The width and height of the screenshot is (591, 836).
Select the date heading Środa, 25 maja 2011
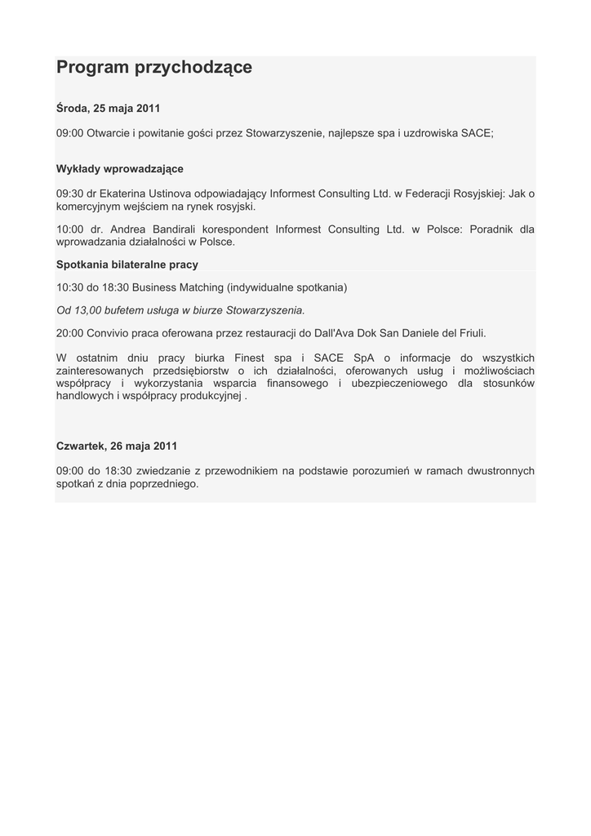[108, 109]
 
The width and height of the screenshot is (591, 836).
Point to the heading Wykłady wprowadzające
[119, 169]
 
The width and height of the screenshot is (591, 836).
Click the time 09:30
[69, 193]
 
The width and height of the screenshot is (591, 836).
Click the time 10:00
[69, 229]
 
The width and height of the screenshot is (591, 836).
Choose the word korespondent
[233, 229]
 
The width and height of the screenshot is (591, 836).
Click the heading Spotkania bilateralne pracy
[127, 265]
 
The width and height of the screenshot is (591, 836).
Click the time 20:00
[69, 333]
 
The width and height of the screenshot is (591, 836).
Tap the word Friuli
[469, 333]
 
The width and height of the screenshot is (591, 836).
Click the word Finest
[250, 358]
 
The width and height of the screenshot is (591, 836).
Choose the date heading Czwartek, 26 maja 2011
[116, 446]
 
